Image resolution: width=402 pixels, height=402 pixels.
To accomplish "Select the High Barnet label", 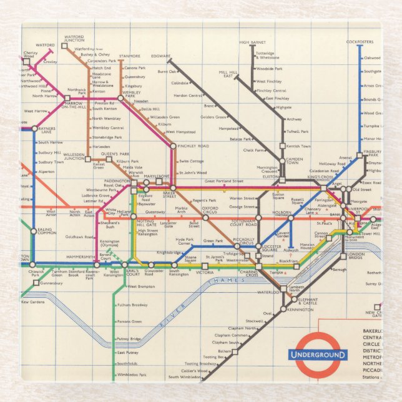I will pyautogui.click(x=252, y=42).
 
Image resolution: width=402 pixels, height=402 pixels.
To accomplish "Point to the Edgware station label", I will pyautogui.click(x=161, y=56).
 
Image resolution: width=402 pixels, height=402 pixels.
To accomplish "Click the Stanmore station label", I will pyautogui.click(x=130, y=56).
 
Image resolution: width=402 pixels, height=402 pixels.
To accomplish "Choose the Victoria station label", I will pyautogui.click(x=205, y=273).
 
